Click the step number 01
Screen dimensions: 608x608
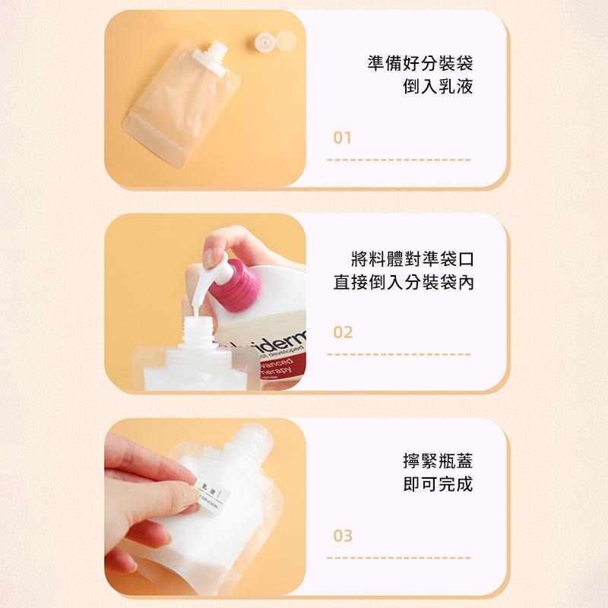pyautogui.click(x=343, y=138)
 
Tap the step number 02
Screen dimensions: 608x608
pyautogui.click(x=344, y=333)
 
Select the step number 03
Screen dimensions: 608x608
pyautogui.click(x=344, y=536)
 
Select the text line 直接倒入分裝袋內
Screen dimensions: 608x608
pyautogui.click(x=403, y=283)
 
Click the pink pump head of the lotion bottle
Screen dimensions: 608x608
pyautogui.click(x=237, y=288)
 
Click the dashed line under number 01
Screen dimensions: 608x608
pyautogui.click(x=398, y=160)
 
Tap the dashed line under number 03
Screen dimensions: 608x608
pyautogui.click(x=398, y=557)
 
